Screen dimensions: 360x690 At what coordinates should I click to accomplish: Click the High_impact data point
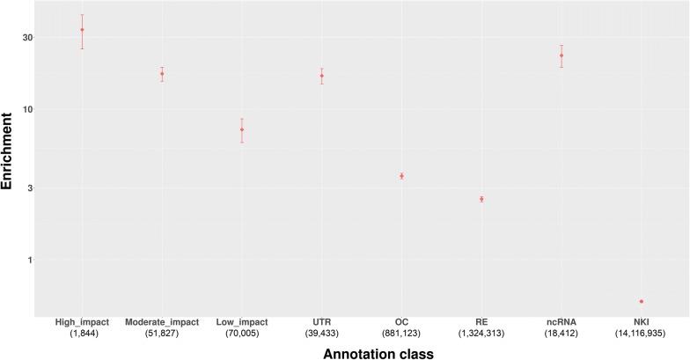[82, 30]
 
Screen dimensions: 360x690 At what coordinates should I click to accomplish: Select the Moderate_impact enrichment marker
[162, 74]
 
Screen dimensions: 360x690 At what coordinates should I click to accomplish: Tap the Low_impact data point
[242, 130]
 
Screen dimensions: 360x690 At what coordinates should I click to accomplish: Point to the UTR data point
[322, 76]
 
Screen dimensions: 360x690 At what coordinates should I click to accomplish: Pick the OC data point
[401, 176]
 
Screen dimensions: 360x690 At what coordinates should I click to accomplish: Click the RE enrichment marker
[481, 199]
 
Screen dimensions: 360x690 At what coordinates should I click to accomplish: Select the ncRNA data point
[562, 55]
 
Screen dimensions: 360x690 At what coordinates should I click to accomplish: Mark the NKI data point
[642, 302]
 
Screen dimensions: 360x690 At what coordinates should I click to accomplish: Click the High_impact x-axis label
[82, 322]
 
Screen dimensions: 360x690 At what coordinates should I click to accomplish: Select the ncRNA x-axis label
[562, 322]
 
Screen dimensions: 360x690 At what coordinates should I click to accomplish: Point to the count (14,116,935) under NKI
[642, 334]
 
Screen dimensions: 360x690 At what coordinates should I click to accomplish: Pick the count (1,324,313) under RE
[481, 334]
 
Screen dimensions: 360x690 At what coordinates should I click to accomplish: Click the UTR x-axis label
[322, 322]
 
